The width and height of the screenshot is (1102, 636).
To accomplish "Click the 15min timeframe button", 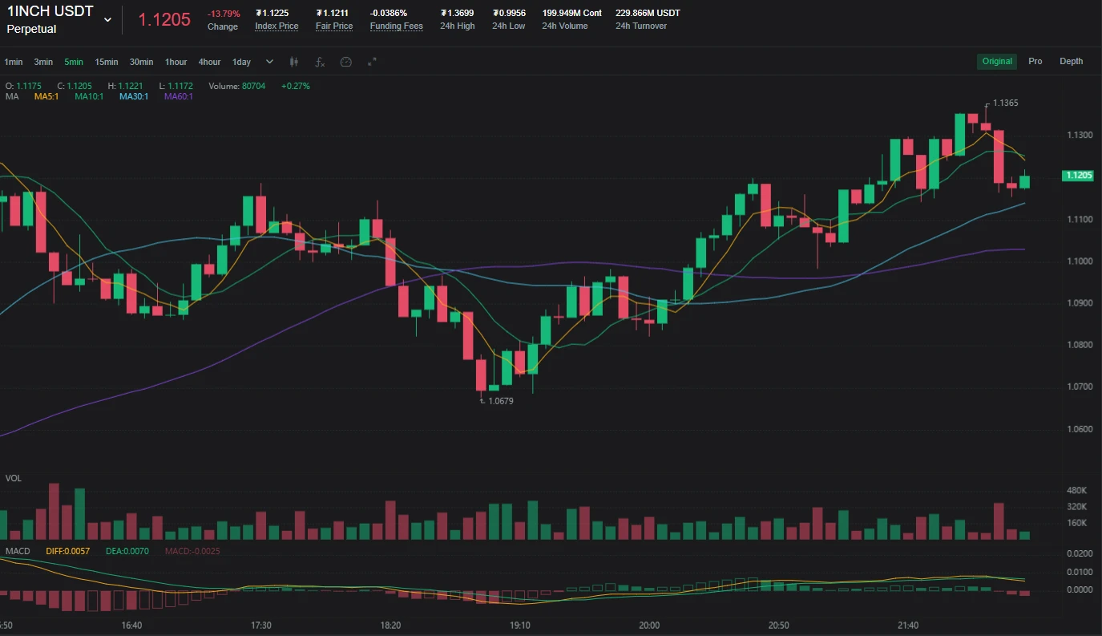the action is pyautogui.click(x=107, y=62).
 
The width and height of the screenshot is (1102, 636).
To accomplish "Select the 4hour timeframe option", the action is pyautogui.click(x=209, y=62).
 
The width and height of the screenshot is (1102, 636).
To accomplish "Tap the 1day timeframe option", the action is pyautogui.click(x=241, y=62).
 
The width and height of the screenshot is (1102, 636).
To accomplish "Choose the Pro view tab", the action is pyautogui.click(x=1035, y=61).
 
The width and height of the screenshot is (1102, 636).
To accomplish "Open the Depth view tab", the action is pyautogui.click(x=1071, y=61).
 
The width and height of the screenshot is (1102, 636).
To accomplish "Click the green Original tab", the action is pyautogui.click(x=997, y=61).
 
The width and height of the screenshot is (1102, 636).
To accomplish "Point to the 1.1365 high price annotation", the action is pyautogui.click(x=1005, y=103).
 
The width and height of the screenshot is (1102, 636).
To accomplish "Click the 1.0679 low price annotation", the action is pyautogui.click(x=500, y=401).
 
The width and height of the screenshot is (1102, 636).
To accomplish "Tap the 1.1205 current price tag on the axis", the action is pyautogui.click(x=1078, y=176).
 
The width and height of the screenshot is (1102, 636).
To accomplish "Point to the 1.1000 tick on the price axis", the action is pyautogui.click(x=1080, y=261).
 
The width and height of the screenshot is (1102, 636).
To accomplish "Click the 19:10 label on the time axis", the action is pyautogui.click(x=519, y=625).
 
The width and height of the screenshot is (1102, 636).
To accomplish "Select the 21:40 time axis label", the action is pyautogui.click(x=908, y=625).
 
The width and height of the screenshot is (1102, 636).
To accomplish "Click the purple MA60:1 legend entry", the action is pyautogui.click(x=178, y=96).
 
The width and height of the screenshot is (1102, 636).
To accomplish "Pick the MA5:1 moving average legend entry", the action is pyautogui.click(x=46, y=96).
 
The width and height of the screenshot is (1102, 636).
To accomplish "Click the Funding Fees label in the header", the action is pyautogui.click(x=396, y=26).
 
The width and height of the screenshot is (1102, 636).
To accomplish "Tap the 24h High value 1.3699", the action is pyautogui.click(x=457, y=13).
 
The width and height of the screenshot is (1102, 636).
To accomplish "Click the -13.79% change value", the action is pyautogui.click(x=224, y=14).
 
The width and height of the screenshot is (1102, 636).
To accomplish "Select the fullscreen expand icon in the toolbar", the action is pyautogui.click(x=372, y=62).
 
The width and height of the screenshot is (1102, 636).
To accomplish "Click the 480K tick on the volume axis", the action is pyautogui.click(x=1076, y=490).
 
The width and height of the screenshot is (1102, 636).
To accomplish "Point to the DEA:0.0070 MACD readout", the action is pyautogui.click(x=127, y=551).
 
